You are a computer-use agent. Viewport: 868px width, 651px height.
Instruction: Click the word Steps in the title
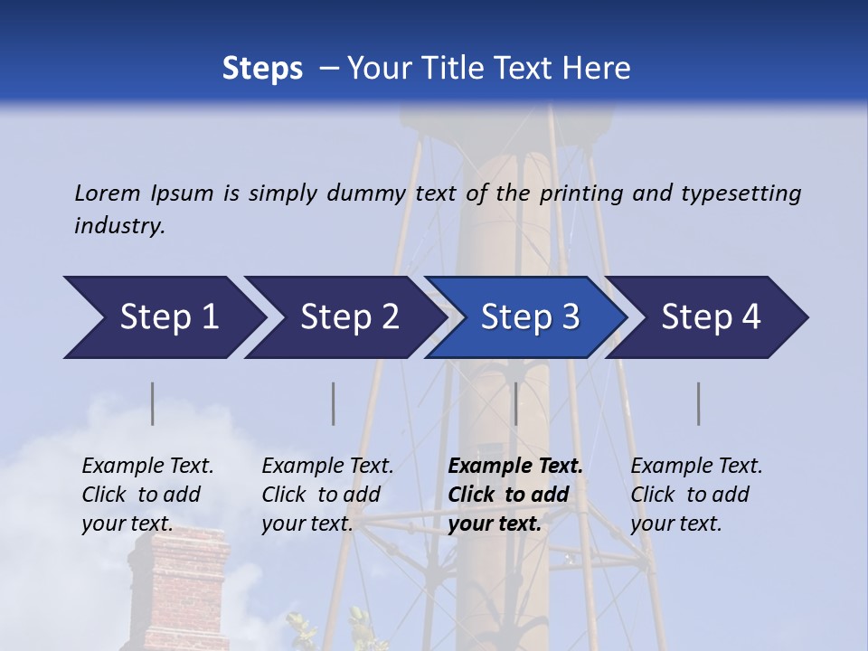tap(262, 69)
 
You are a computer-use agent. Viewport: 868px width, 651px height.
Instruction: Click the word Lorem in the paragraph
tap(107, 193)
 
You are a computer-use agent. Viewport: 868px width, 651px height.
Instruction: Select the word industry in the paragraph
tap(119, 225)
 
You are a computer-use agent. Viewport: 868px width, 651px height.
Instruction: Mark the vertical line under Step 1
tap(153, 403)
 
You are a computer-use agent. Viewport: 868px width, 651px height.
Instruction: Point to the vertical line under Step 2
tap(334, 403)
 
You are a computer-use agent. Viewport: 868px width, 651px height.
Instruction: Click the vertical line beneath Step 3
tap(516, 403)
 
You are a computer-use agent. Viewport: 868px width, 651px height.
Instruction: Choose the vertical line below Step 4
tap(699, 403)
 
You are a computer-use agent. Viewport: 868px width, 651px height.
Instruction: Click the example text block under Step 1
tap(147, 495)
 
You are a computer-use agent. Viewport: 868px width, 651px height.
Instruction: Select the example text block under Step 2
tap(327, 495)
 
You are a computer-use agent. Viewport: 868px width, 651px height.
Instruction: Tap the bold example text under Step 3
tap(514, 495)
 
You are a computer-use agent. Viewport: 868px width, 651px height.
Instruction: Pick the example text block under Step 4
tap(696, 495)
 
